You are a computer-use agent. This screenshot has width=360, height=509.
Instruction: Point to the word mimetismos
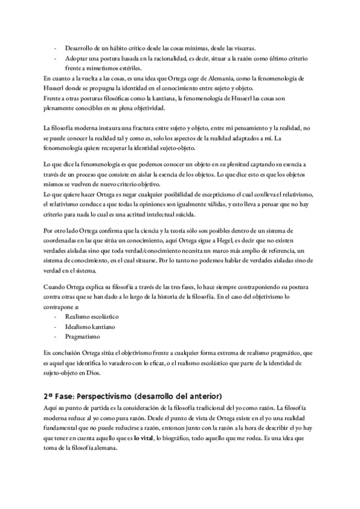[98, 68]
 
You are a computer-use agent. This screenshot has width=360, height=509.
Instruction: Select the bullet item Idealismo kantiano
[91, 326]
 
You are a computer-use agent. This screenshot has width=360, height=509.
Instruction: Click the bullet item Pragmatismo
[82, 337]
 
